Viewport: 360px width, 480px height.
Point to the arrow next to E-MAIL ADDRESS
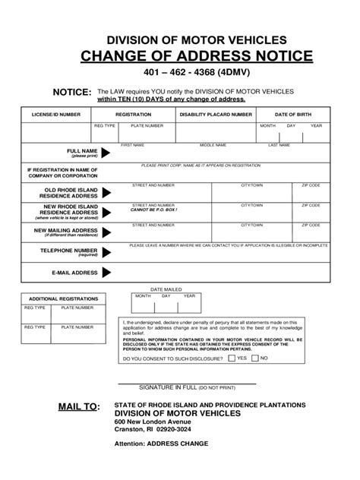pos(106,272)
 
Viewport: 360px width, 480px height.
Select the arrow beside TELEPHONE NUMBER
pos(106,251)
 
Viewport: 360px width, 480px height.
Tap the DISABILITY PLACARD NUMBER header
pos(215,113)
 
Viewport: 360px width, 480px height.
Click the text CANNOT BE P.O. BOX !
pos(153,209)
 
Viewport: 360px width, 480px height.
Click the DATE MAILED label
pos(166,289)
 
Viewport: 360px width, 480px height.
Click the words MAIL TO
pos(78,407)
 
